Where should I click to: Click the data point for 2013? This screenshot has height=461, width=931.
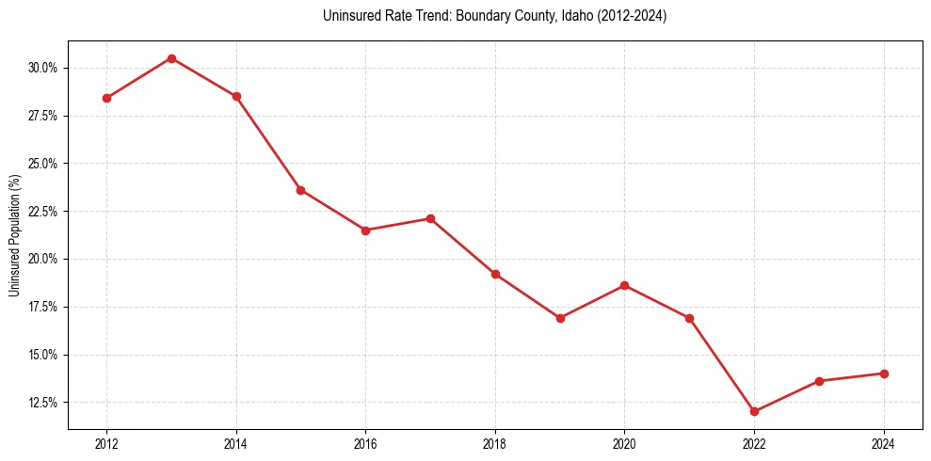click(171, 58)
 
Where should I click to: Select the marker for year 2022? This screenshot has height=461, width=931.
click(755, 411)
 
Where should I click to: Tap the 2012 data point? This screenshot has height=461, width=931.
click(106, 98)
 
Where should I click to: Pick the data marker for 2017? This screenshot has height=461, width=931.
click(430, 218)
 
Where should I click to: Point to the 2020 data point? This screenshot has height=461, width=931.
click(625, 285)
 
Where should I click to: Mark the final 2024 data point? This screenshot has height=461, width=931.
click(884, 374)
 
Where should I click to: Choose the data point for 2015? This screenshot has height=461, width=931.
click(301, 190)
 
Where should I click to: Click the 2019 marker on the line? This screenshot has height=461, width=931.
click(560, 318)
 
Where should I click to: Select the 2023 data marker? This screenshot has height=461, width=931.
click(819, 381)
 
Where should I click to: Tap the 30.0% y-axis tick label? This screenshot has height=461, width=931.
click(43, 68)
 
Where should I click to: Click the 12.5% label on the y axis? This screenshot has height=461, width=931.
click(43, 403)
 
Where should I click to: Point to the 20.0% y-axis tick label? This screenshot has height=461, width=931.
click(43, 259)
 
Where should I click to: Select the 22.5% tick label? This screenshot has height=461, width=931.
click(43, 212)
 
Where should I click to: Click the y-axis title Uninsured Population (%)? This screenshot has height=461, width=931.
click(14, 235)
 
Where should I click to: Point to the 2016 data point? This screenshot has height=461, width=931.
click(365, 230)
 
